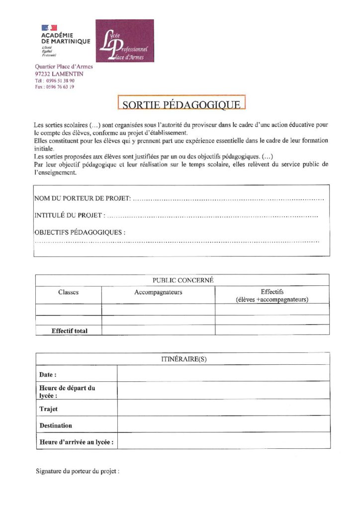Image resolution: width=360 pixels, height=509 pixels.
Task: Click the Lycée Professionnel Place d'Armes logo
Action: pyautogui.click(x=124, y=41)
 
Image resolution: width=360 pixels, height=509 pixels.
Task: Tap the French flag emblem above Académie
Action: pyautogui.click(x=49, y=28)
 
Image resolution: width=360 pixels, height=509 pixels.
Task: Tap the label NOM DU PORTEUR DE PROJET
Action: pyautogui.click(x=83, y=199)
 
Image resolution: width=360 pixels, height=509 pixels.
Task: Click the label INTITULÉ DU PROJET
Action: pyautogui.click(x=70, y=215)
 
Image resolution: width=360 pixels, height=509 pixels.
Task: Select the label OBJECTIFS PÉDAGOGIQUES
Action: pyautogui.click(x=80, y=232)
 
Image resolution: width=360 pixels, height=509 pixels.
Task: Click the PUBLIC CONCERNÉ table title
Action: pyautogui.click(x=182, y=280)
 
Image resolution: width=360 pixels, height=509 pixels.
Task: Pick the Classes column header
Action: pyautogui.click(x=68, y=292)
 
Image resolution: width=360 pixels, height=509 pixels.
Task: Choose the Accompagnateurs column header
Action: pyautogui.click(x=158, y=292)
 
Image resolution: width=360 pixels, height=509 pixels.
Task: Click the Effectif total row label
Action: pyautogui.click(x=70, y=331)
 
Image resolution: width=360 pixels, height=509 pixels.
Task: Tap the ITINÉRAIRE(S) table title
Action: pyautogui.click(x=183, y=358)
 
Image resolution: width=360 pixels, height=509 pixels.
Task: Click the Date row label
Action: pyautogui.click(x=48, y=374)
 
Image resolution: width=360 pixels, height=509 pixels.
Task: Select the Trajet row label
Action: pyautogui.click(x=49, y=409)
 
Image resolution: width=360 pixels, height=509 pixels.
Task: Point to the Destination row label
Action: pyautogui.click(x=56, y=425)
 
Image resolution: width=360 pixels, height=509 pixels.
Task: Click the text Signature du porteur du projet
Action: pyautogui.click(x=78, y=471)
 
